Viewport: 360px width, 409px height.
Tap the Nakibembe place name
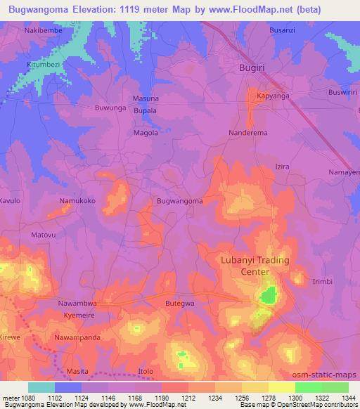pos(44,32)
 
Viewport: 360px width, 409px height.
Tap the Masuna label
pos(146,98)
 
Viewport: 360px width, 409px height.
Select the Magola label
pos(146,132)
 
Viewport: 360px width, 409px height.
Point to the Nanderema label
pos(248,132)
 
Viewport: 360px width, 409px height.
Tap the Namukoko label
pos(77,201)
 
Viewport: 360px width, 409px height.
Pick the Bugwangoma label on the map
pos(180,201)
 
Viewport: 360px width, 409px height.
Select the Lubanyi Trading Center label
pos(255,266)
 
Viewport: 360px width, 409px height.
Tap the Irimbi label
pos(322,281)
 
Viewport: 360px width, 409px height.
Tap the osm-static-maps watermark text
pos(325,375)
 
